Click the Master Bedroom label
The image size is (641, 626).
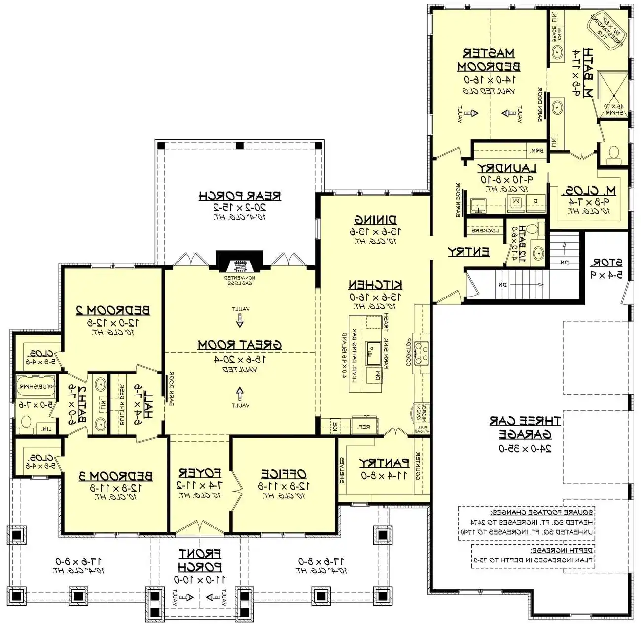[x=489, y=60]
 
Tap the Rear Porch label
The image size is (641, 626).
[x=240, y=196]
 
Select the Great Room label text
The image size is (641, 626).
[x=240, y=345]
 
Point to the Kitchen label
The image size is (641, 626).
[x=375, y=285]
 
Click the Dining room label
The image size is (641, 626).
[x=376, y=220]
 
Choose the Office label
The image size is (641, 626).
[x=284, y=474]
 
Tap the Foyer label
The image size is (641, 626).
[x=200, y=473]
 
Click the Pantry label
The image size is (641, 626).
[x=384, y=463]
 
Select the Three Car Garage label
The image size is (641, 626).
[x=525, y=428]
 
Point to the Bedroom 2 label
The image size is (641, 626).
[x=113, y=310]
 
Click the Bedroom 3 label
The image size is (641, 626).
[x=116, y=476]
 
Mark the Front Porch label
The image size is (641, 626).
[x=200, y=560]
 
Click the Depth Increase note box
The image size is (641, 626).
[x=533, y=556]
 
